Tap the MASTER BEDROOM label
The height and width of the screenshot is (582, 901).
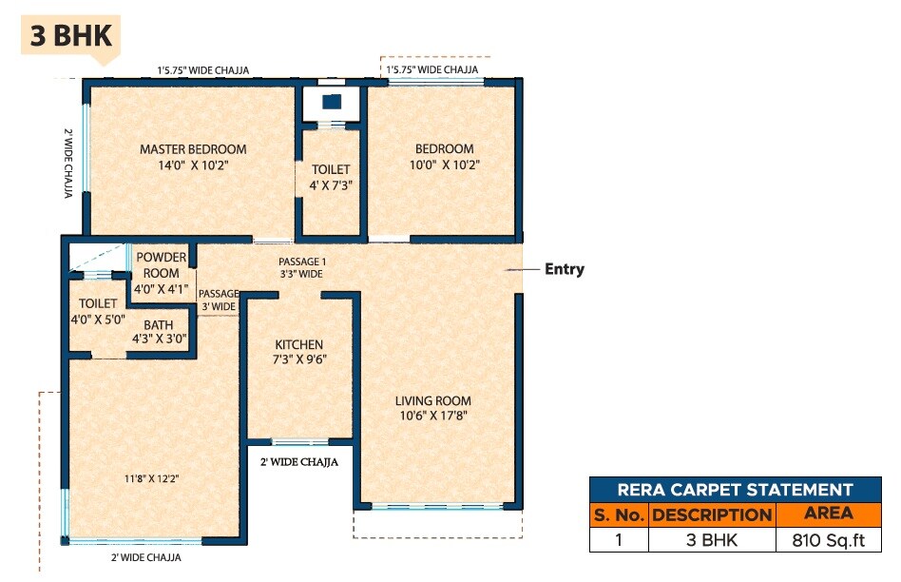[193, 149]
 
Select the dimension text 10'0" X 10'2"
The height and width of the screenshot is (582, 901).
[444, 165]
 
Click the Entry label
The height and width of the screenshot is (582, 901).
[564, 269]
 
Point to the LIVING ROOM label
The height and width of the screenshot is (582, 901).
[432, 400]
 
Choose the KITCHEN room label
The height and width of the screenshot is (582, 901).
[299, 344]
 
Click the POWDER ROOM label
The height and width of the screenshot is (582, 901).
[163, 265]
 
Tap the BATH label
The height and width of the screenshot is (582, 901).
[159, 324]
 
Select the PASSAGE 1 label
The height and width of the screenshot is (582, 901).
[301, 262]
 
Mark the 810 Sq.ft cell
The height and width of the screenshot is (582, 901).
[829, 540]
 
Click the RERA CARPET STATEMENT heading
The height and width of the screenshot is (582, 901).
[735, 490]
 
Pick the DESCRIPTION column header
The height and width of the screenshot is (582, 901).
[712, 514]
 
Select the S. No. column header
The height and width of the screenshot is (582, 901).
[619, 514]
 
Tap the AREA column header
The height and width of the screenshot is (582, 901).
[829, 514]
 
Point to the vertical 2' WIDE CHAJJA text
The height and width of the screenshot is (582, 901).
[68, 163]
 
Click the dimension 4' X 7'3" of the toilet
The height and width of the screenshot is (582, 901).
[331, 184]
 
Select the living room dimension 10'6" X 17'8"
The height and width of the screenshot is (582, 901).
[432, 416]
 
